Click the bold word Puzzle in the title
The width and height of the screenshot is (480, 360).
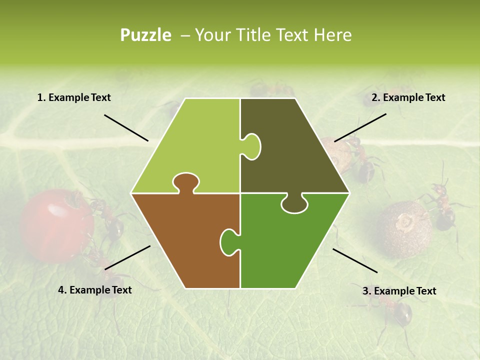[145, 35]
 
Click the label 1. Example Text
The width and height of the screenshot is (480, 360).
[74, 98]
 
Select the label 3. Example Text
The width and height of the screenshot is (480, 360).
[399, 291]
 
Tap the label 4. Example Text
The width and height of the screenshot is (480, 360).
[95, 290]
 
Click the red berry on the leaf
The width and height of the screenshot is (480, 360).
[55, 225]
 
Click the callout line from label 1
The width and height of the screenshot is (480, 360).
[126, 128]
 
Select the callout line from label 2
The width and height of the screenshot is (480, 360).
[360, 127]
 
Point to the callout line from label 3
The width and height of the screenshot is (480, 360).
[355, 260]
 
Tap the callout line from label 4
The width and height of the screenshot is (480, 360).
[127, 257]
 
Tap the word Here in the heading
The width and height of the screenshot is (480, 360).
[332, 35]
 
